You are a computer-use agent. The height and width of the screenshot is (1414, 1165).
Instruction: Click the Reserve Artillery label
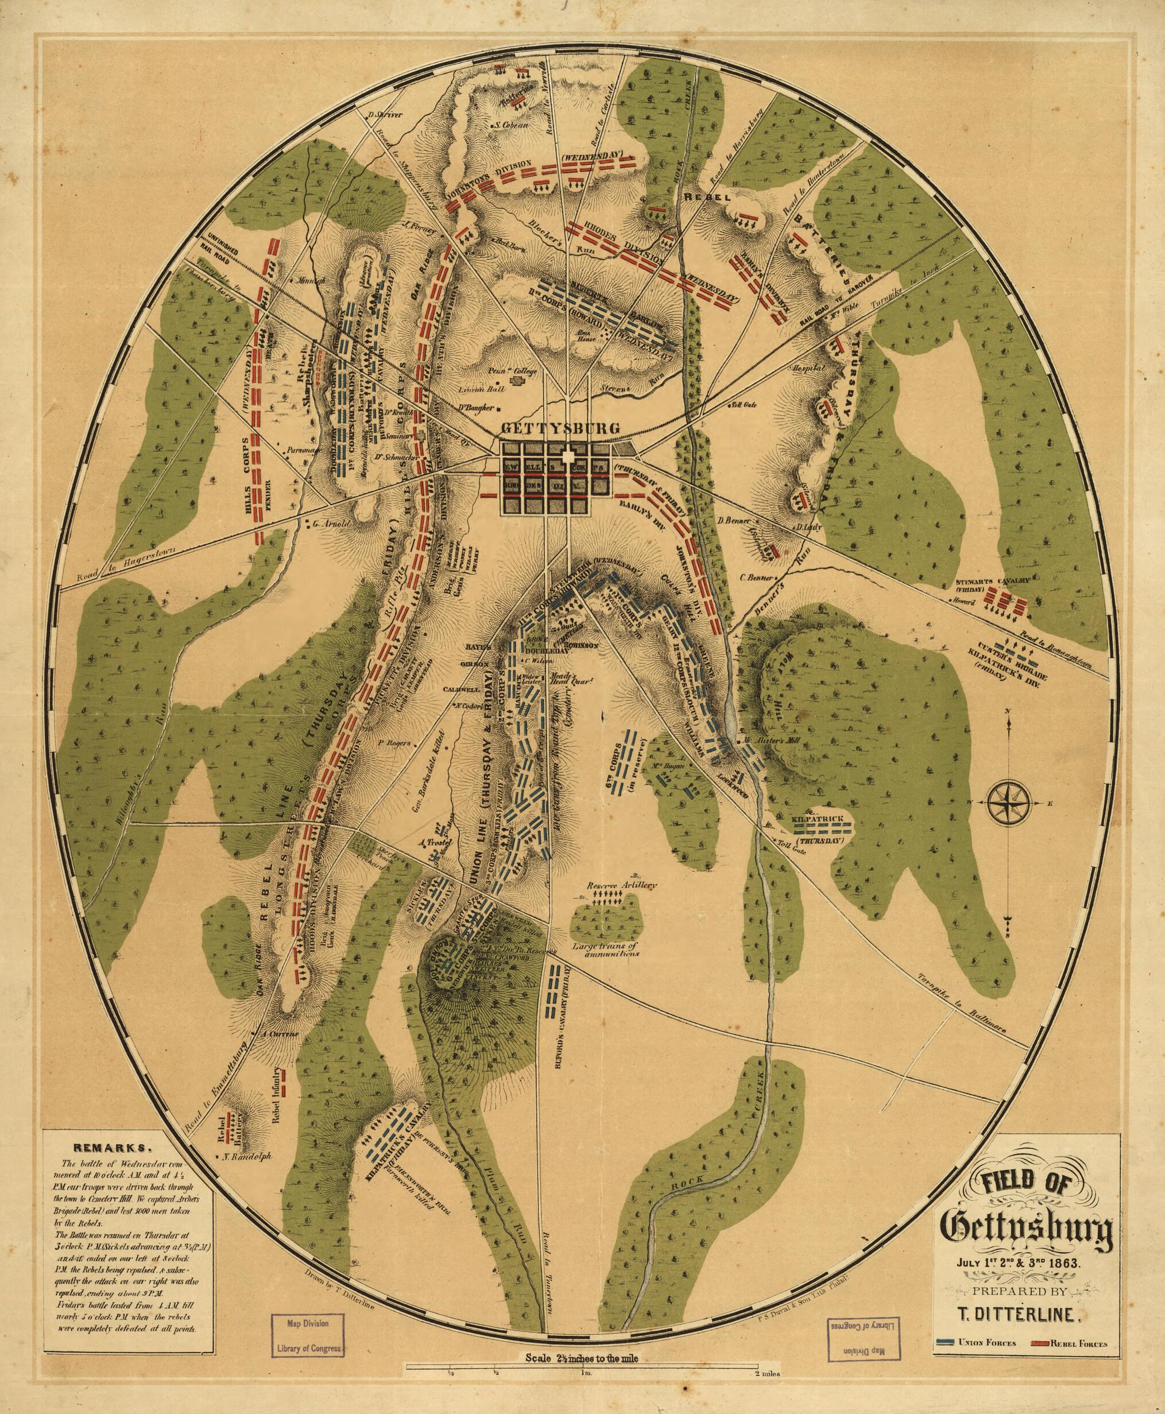(622, 885)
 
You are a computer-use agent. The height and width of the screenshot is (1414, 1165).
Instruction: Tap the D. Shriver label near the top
(385, 114)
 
